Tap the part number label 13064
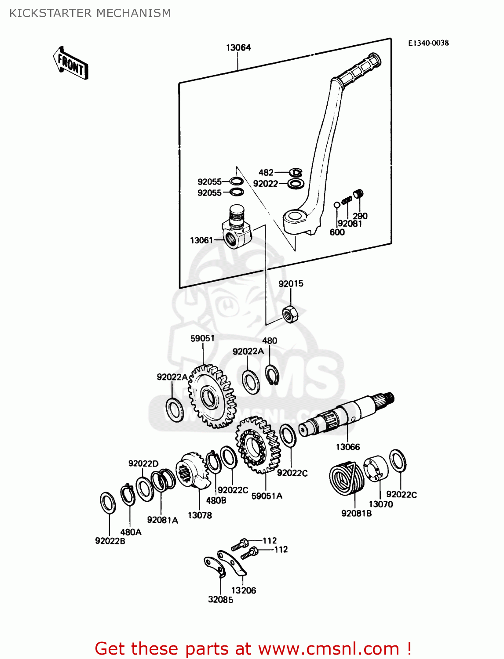coord(238,47)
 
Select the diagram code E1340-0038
coord(428,43)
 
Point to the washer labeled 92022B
coord(108,503)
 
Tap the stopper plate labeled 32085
coord(215,567)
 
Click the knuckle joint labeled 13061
coord(236,228)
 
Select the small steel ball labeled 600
coord(337,204)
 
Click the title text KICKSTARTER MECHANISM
coord(90,13)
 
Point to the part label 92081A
coord(162,520)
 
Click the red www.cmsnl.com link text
coord(328,648)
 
